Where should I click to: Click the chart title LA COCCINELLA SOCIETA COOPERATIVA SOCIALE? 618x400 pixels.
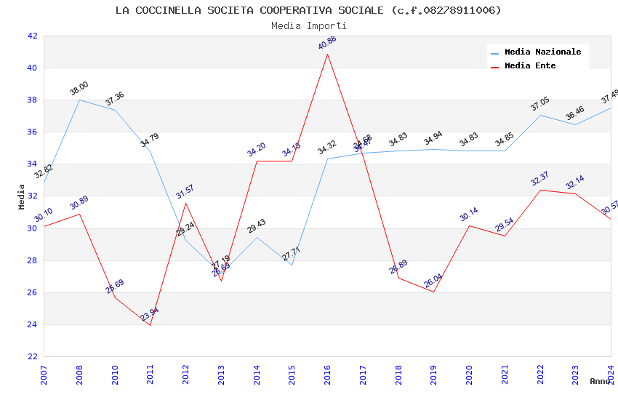click(x=308, y=10)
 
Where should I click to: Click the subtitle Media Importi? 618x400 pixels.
click(x=308, y=26)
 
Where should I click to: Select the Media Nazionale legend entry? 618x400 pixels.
click(x=542, y=52)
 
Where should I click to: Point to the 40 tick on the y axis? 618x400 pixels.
click(x=32, y=68)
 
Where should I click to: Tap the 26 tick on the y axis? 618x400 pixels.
click(x=32, y=293)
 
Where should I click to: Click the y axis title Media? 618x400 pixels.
click(x=22, y=196)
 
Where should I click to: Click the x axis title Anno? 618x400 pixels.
click(x=600, y=381)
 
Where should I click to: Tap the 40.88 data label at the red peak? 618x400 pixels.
click(x=327, y=43)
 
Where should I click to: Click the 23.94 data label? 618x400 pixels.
click(x=150, y=314)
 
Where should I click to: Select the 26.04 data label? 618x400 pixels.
click(x=433, y=280)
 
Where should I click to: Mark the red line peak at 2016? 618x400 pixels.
click(x=327, y=54)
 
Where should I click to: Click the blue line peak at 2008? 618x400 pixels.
click(x=79, y=100)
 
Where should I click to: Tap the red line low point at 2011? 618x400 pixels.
click(x=151, y=325)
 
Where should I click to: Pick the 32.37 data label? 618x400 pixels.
click(x=540, y=179)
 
